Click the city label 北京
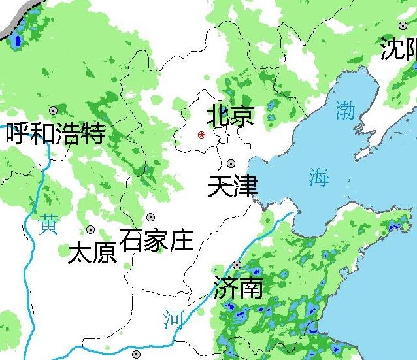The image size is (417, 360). [x=229, y=116]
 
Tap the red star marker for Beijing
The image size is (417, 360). [x=201, y=135]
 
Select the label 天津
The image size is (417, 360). [x=232, y=186]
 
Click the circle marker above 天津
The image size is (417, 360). [x=231, y=163]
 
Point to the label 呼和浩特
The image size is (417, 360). [x=56, y=134]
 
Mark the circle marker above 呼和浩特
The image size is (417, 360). [x=53, y=110]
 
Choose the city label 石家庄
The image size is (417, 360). [x=157, y=240]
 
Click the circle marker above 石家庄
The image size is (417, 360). [x=150, y=217]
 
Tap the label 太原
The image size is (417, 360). [x=92, y=253]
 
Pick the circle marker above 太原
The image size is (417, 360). [x=90, y=230]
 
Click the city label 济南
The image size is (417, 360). [x=238, y=288]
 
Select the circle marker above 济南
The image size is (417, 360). [x=237, y=265]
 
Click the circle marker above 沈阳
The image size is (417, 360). [x=403, y=25]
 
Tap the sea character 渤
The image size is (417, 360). [x=345, y=110]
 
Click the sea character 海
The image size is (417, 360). [x=319, y=176]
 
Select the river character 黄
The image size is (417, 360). [x=48, y=224]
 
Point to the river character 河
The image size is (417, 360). [x=174, y=319]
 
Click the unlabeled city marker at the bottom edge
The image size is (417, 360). [x=136, y=354]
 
